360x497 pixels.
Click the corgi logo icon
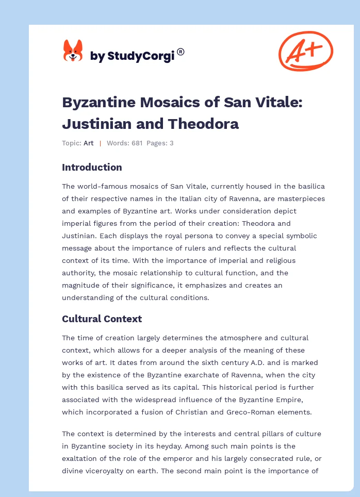(73, 52)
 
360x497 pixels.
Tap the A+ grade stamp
(305, 51)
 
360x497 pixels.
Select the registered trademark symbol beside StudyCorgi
(181, 52)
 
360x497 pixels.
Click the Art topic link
(89, 143)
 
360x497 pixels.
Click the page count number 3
(171, 143)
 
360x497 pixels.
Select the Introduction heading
(92, 167)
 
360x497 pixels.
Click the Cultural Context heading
(102, 319)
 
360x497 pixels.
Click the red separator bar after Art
(100, 143)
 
